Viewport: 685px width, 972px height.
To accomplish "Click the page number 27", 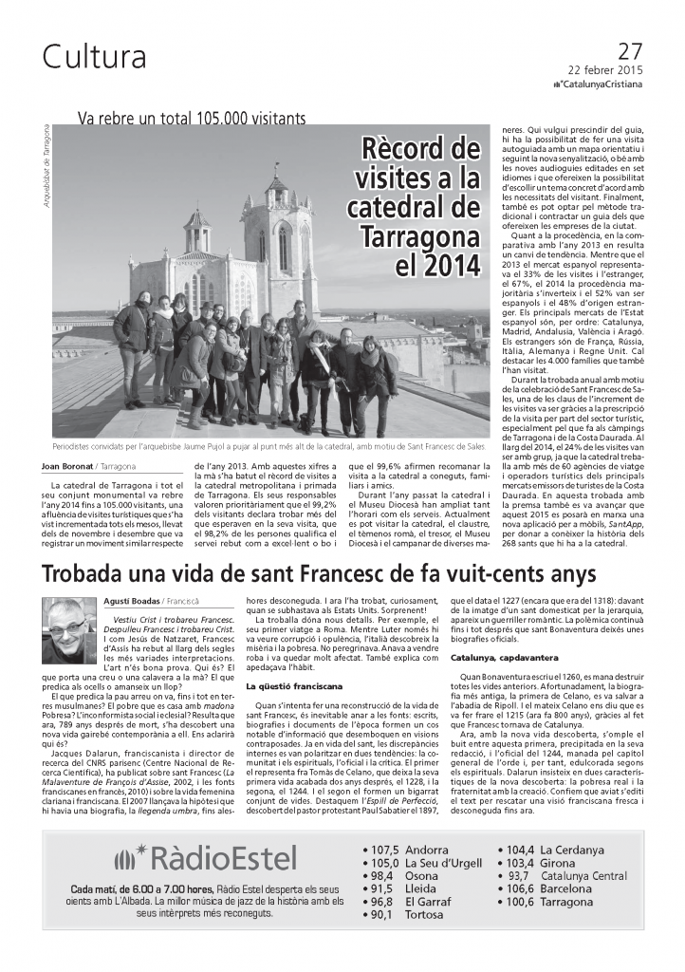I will [629, 51].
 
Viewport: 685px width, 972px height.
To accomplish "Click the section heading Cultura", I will [94, 58].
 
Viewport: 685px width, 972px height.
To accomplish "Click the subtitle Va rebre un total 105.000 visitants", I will [192, 119].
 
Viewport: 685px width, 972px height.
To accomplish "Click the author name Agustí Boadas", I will [131, 600].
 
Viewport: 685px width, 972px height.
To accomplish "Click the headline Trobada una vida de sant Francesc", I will [319, 574].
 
